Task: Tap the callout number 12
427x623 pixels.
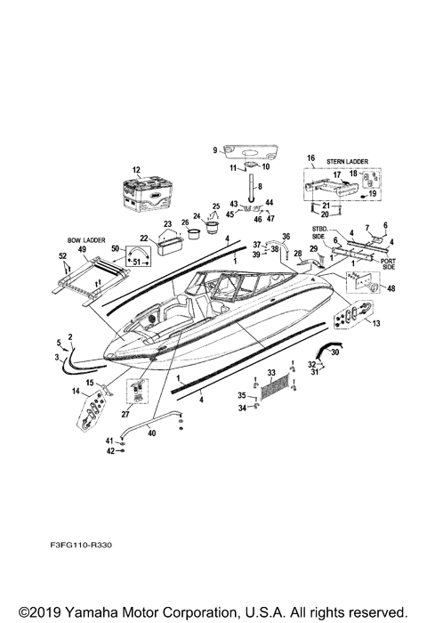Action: click(137, 169)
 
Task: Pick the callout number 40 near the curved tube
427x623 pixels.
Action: click(150, 433)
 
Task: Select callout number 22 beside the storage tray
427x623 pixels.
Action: click(143, 238)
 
